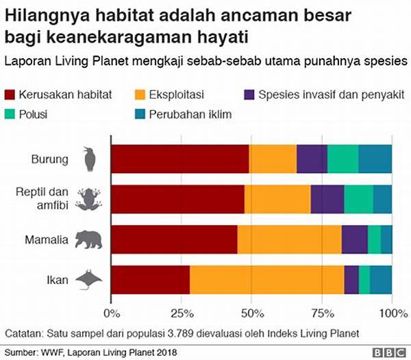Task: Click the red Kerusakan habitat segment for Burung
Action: pyautogui.click(x=179, y=159)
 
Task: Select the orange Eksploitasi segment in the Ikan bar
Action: pyautogui.click(x=266, y=281)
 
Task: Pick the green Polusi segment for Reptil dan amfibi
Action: pyautogui.click(x=358, y=200)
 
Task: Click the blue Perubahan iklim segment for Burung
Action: pyautogui.click(x=375, y=159)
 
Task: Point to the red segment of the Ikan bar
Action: pyautogui.click(x=150, y=281)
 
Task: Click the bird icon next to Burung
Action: pyautogui.click(x=89, y=159)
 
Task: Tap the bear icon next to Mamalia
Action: pyautogui.click(x=88, y=240)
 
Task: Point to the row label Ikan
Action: pyautogui.click(x=58, y=281)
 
